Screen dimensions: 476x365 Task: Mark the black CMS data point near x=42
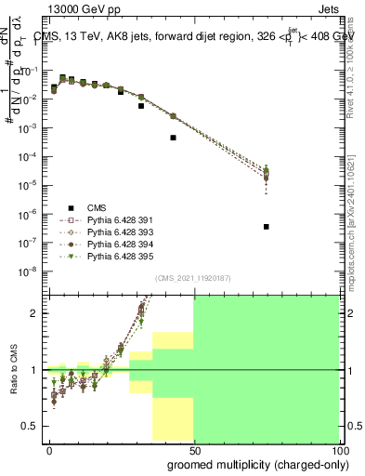pos(174,138)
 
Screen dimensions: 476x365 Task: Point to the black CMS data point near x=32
pos(141,106)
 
